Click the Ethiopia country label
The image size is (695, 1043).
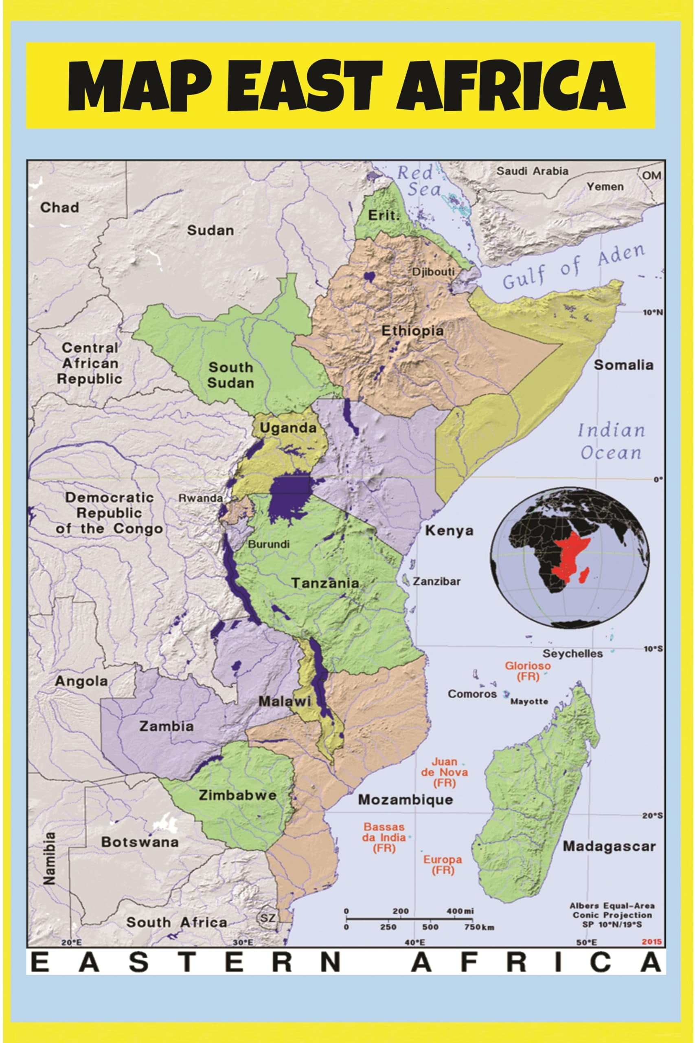click(412, 331)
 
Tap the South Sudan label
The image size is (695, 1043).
click(230, 375)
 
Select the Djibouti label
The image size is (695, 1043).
click(433, 272)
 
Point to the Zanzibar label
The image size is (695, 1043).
click(436, 581)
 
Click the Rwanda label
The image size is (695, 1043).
click(200, 498)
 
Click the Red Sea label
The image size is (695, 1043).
click(419, 181)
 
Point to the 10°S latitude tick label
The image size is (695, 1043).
click(652, 649)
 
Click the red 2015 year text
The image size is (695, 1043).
click(654, 942)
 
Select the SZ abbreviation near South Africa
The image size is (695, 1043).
click(267, 918)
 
